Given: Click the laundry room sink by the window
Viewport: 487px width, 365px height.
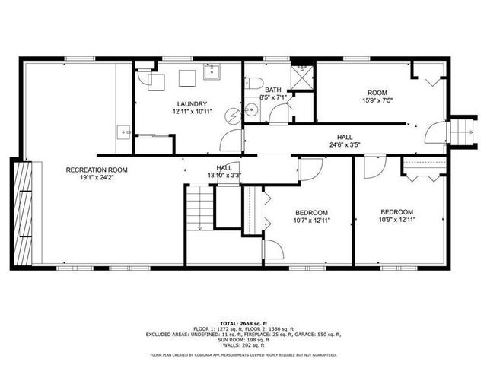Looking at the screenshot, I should point(211,75).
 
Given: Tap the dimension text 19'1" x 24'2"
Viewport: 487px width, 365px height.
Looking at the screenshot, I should point(96,177).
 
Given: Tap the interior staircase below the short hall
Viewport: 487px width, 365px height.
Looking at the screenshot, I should point(199,208).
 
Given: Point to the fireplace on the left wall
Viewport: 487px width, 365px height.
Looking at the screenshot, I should point(23,209).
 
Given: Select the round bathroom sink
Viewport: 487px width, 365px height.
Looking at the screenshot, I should point(253,109).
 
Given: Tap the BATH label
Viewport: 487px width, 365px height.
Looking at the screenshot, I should point(272,90).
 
